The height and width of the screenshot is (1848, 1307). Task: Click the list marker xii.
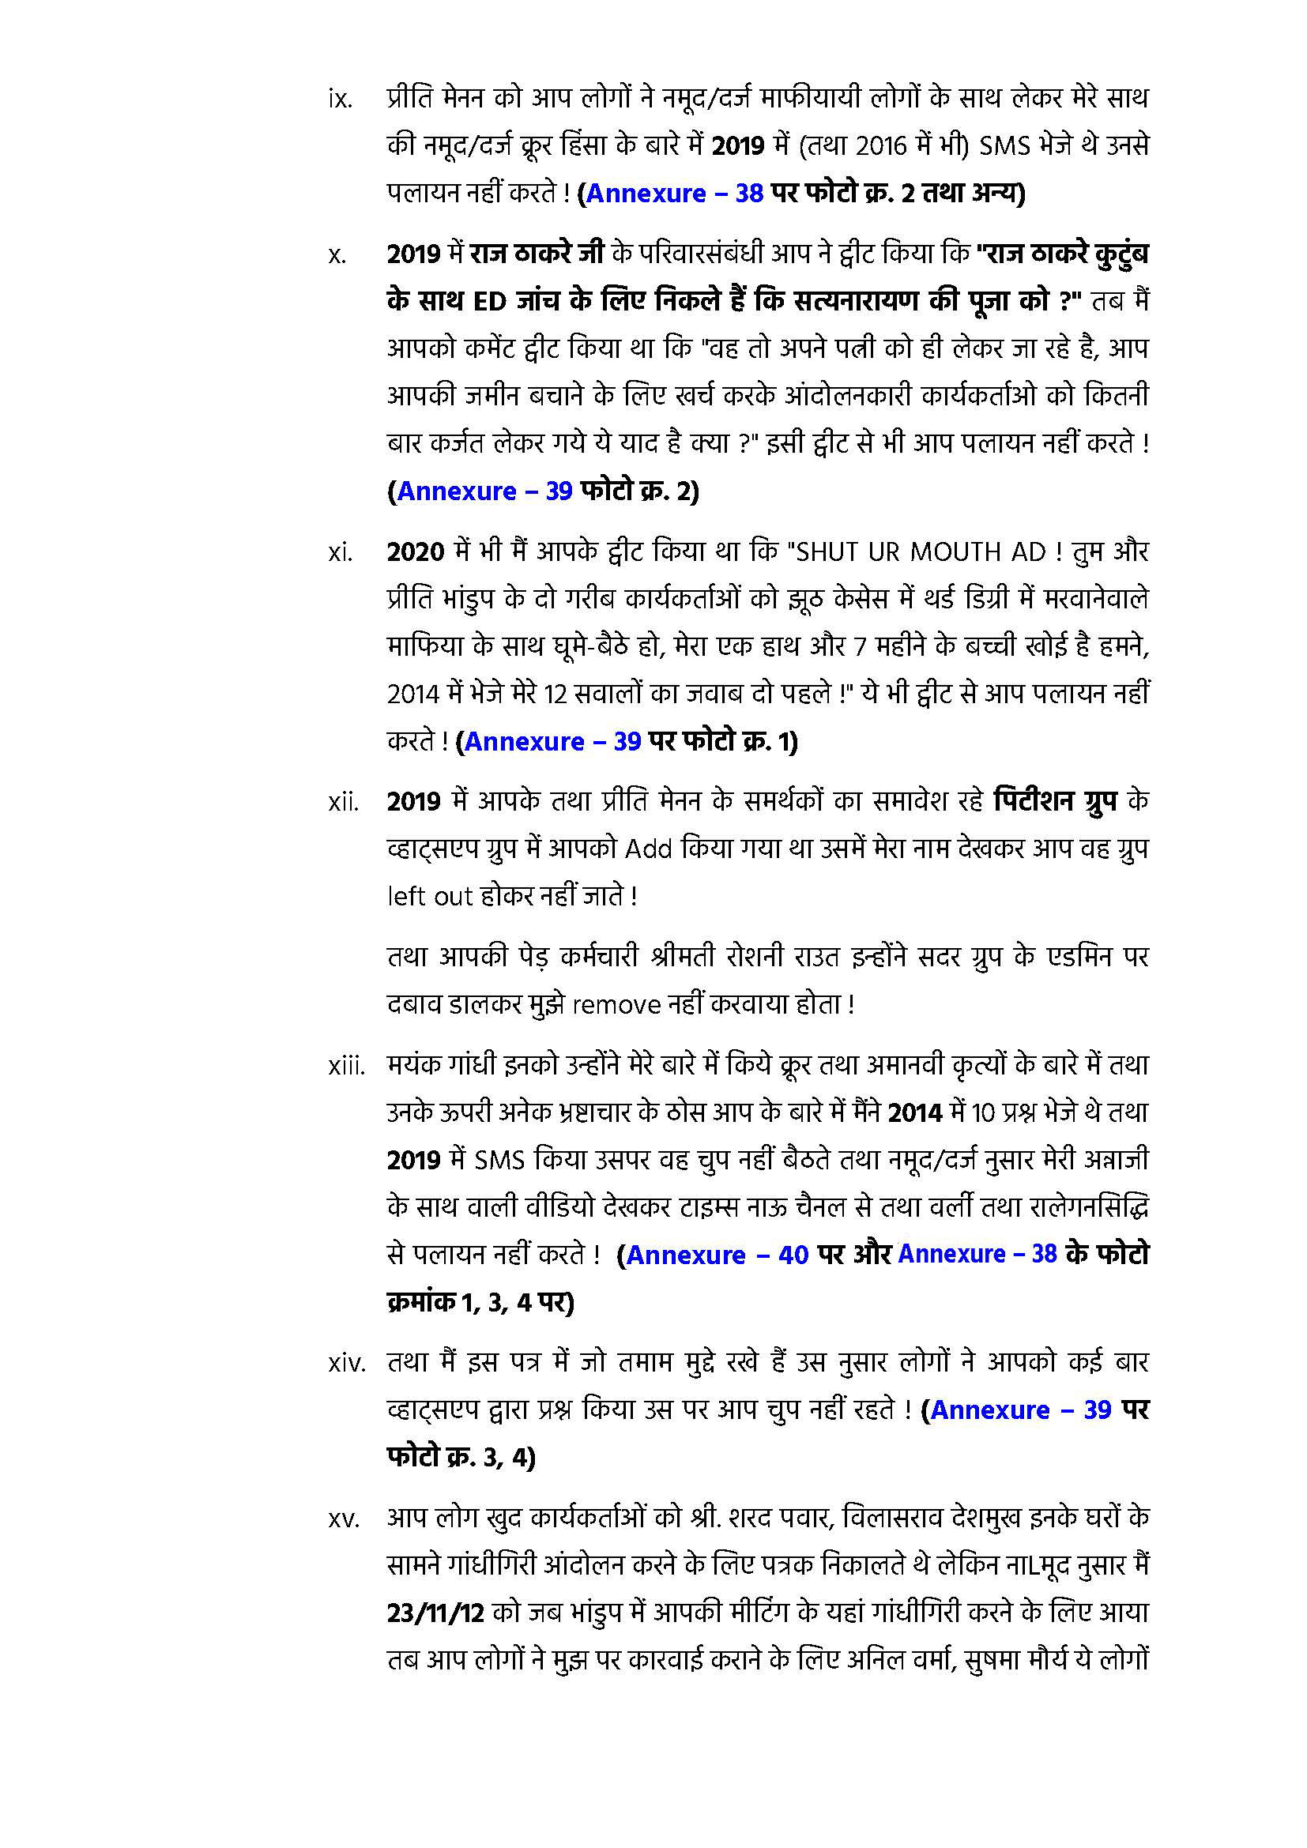344,804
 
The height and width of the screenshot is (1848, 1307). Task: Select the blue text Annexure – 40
717,1255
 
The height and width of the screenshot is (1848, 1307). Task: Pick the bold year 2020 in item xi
416,552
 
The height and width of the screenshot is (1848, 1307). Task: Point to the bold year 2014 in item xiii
915,1113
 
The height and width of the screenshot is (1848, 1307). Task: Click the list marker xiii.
347,1067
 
